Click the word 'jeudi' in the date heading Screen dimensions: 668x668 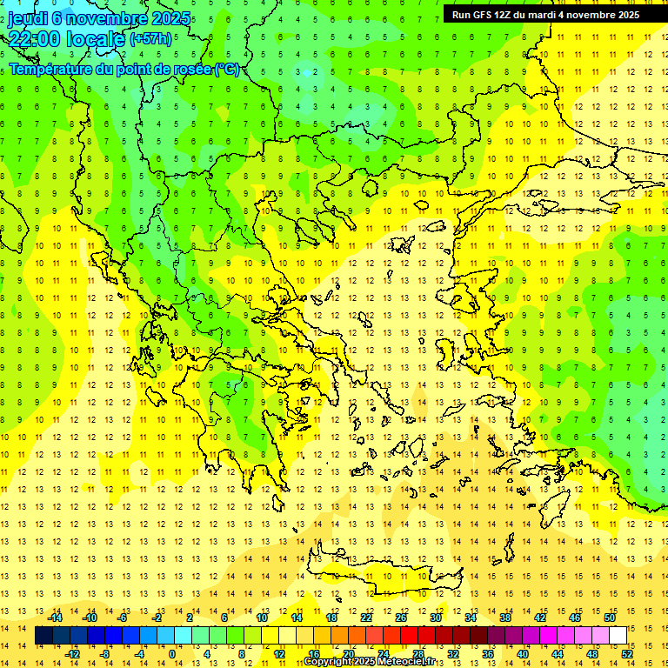(27, 17)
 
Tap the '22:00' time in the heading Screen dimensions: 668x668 (34, 38)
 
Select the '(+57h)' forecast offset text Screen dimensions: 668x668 (150, 39)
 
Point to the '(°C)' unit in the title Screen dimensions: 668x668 (227, 69)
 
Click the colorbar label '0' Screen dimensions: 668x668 (172, 653)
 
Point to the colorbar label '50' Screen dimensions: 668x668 (610, 618)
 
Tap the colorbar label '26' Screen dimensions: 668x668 (401, 618)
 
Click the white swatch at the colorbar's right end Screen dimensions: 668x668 (618, 636)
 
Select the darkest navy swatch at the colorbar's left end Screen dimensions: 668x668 (43, 636)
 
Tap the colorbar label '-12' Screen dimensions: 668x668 (73, 653)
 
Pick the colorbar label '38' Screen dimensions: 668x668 (505, 618)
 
